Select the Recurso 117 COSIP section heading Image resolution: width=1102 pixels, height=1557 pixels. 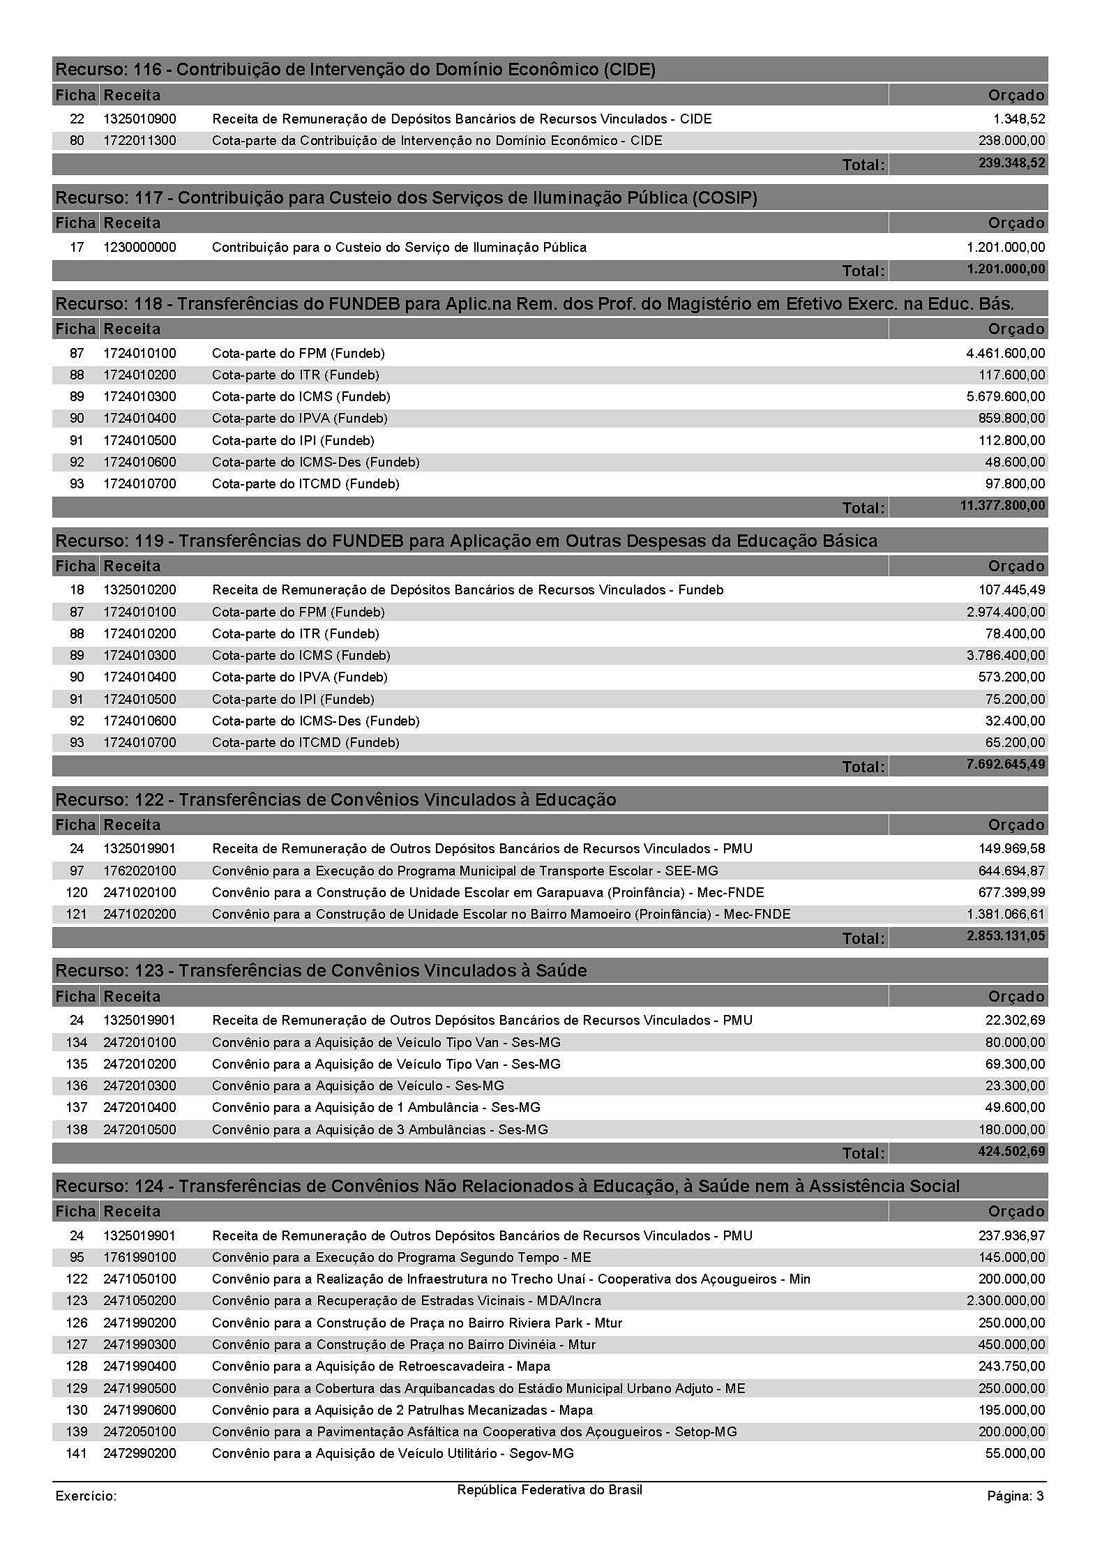pos(406,198)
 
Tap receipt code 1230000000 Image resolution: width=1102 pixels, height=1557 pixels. pos(139,248)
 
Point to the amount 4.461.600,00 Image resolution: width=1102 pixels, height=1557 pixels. pos(1005,354)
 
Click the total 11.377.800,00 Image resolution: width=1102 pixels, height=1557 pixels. pos(1002,506)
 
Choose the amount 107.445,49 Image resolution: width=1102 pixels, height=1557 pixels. pos(1011,590)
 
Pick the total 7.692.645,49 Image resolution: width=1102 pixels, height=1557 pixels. pos(1006,765)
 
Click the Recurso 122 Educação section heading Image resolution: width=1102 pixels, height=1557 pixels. pos(335,800)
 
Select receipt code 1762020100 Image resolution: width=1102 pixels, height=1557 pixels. pos(139,871)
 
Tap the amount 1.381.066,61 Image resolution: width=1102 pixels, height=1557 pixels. pos(1006,915)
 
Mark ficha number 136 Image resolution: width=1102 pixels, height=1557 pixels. pos(77,1086)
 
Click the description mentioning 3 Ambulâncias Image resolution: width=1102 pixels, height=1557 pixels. pos(379,1129)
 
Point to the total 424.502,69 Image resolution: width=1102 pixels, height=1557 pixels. pos(1011,1152)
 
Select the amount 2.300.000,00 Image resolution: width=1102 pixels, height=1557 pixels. pos(1006,1301)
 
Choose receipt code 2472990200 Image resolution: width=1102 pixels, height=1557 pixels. pos(139,1454)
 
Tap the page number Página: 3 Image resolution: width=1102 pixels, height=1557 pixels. pos(1015,1496)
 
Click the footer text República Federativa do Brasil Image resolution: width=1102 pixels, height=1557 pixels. pos(550,1490)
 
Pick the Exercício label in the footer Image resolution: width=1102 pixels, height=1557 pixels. pos(86,1496)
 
